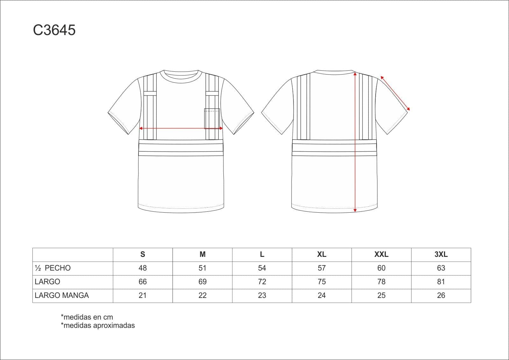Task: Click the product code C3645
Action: tap(54, 30)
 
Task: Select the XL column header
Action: tap(322, 254)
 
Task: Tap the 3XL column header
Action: tap(441, 254)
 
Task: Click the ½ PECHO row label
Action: tap(53, 268)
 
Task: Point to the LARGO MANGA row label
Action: tap(61, 295)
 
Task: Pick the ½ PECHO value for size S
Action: tap(143, 268)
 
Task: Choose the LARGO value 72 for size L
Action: tap(262, 282)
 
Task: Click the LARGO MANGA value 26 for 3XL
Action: tap(441, 295)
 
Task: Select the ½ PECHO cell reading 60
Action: tap(381, 268)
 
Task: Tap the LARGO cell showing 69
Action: tap(202, 282)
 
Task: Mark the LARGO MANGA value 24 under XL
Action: tap(322, 295)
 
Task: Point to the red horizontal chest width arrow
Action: tap(181, 128)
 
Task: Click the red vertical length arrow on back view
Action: tap(355, 142)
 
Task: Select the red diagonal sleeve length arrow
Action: tap(395, 93)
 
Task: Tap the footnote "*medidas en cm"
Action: tap(87, 317)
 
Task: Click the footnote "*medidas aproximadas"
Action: tap(98, 325)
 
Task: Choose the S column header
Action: tap(143, 254)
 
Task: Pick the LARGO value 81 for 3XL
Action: tap(441, 282)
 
